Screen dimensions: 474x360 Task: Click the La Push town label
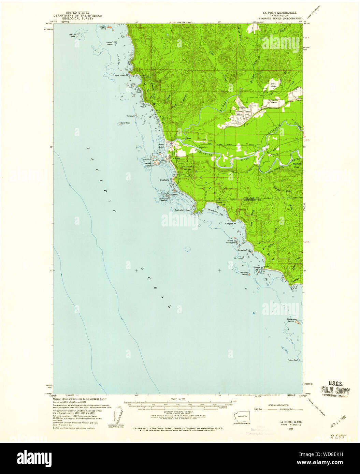[x=175, y=159]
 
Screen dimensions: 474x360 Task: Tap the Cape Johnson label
[x=121, y=76]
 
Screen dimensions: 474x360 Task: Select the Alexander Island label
[x=291, y=320]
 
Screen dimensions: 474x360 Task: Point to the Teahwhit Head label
[x=183, y=210]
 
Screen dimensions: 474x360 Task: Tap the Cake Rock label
[x=125, y=123]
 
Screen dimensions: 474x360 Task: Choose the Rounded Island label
[x=244, y=273]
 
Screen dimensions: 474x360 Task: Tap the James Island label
[x=148, y=165]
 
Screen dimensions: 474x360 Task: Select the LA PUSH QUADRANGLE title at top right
[x=282, y=13]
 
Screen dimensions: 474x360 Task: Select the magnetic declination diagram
[x=117, y=415]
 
